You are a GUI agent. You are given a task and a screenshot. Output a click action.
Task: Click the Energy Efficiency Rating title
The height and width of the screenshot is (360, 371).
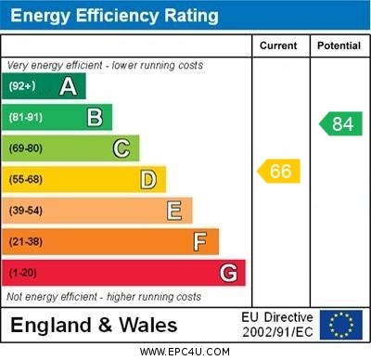[x=114, y=16]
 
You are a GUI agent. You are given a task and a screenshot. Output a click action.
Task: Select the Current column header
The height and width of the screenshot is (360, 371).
[x=278, y=45]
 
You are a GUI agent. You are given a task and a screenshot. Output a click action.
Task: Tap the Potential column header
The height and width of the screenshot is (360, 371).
[x=339, y=45]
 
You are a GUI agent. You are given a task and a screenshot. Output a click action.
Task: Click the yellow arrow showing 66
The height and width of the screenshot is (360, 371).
[x=279, y=171]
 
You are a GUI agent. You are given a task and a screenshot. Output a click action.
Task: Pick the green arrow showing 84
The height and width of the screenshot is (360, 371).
[x=340, y=123]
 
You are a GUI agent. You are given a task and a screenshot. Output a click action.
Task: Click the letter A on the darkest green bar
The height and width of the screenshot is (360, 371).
[x=68, y=86]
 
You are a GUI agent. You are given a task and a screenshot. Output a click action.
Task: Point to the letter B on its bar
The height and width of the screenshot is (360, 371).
[x=95, y=117]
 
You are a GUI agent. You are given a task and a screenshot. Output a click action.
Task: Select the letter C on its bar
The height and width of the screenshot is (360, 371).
[x=122, y=148]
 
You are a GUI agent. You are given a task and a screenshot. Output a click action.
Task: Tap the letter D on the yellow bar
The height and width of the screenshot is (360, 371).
[x=148, y=179]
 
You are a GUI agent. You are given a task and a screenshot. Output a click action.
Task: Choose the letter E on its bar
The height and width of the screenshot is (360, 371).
[x=174, y=211]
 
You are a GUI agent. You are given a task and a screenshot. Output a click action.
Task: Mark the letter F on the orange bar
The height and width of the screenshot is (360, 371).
[x=200, y=242]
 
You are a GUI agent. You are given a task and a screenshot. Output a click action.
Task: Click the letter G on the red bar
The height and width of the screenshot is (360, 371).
[x=228, y=273]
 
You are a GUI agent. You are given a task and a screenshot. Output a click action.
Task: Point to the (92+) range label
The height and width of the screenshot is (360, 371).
[x=22, y=86]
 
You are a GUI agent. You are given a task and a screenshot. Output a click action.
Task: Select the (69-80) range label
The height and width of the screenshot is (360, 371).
[x=26, y=148]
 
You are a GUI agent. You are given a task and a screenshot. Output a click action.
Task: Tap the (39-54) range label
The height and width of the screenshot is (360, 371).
[x=26, y=211]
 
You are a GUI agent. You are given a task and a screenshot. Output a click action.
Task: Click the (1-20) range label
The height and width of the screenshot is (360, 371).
[x=23, y=274]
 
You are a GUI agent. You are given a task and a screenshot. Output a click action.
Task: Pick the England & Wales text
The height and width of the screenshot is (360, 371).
[x=94, y=325]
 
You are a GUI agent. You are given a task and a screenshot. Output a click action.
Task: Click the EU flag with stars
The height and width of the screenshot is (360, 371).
[x=341, y=325]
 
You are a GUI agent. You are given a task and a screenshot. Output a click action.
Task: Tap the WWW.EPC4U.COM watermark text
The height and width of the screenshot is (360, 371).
[x=185, y=352]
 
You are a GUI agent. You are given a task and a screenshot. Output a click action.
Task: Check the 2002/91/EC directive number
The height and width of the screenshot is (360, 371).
[x=277, y=331]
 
